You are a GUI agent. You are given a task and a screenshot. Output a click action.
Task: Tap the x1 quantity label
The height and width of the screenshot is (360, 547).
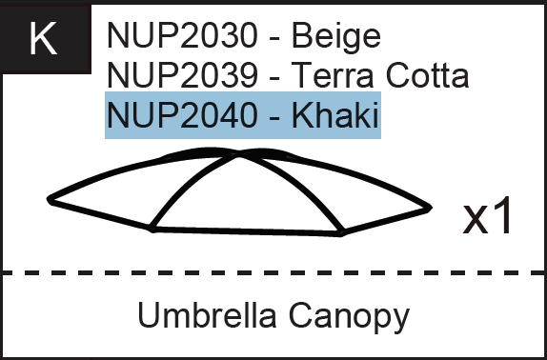pyautogui.click(x=488, y=217)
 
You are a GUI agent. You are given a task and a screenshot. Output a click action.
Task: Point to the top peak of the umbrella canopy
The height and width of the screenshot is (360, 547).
pyautogui.click(x=235, y=151)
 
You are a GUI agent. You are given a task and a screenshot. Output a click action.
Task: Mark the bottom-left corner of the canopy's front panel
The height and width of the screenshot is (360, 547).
pyautogui.click(x=152, y=228)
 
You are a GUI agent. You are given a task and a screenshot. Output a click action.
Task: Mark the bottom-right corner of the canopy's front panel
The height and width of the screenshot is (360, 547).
pyautogui.click(x=341, y=231)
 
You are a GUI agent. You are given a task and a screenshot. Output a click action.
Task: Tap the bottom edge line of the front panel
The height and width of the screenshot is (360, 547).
pyautogui.click(x=247, y=230)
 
